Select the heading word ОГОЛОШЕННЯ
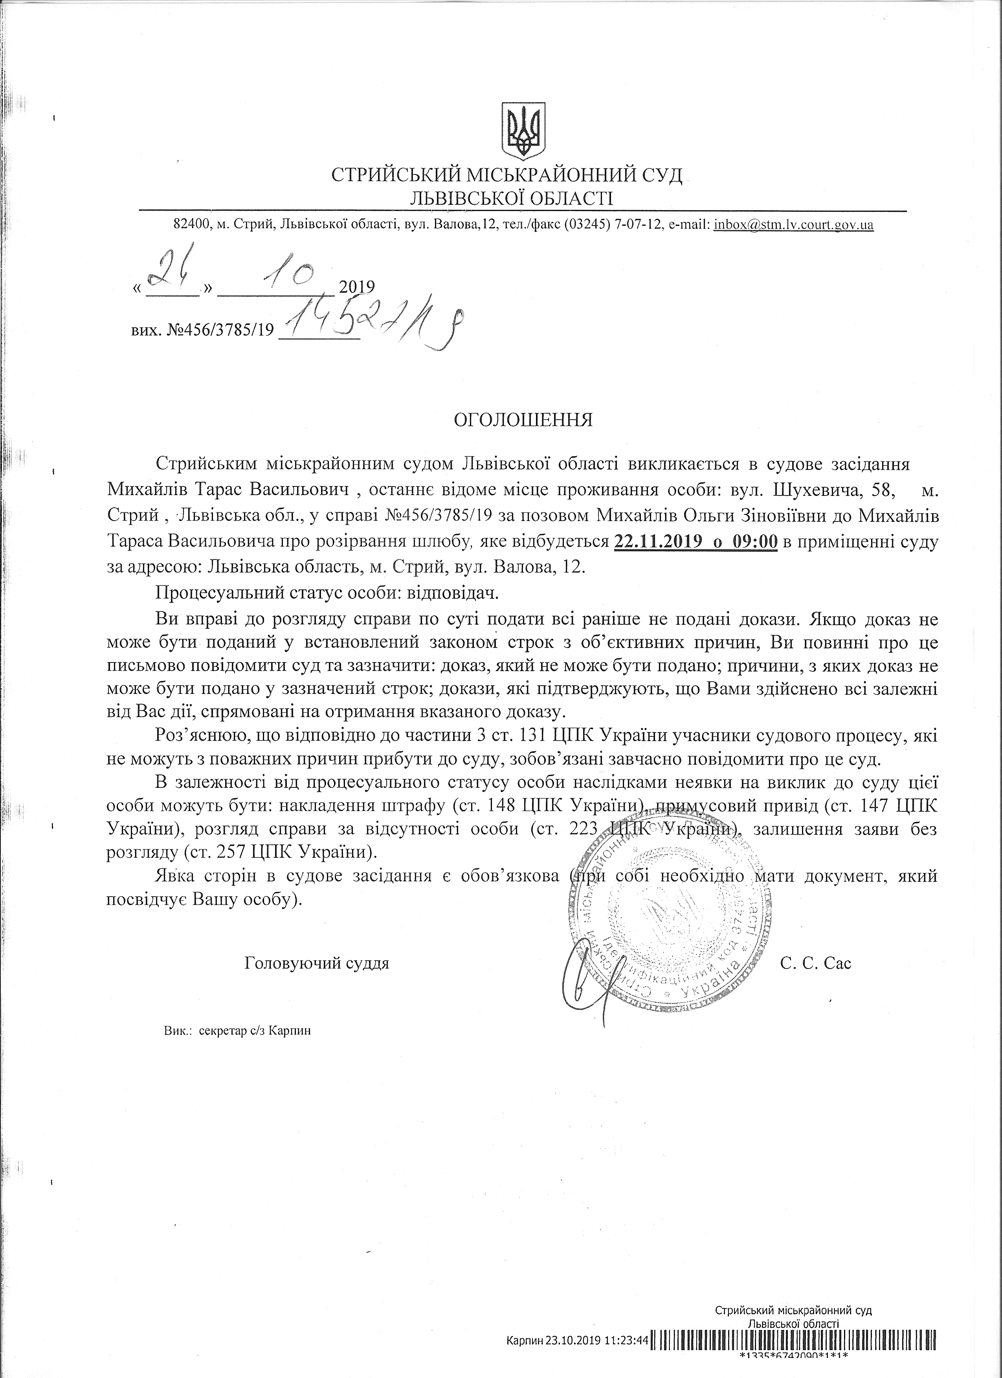coord(524,420)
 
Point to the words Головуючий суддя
coord(317,963)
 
